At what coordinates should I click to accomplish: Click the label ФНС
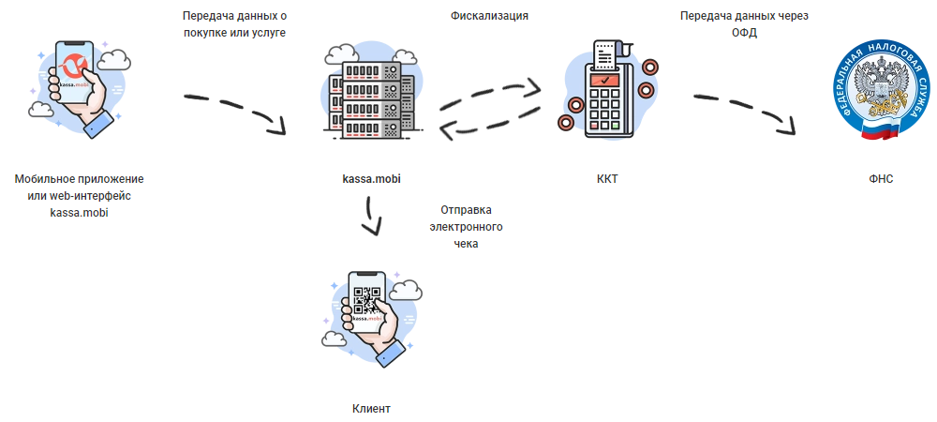[882, 178]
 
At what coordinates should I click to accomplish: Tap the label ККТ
[607, 178]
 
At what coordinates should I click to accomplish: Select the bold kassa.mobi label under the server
[372, 178]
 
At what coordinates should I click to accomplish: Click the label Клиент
[370, 409]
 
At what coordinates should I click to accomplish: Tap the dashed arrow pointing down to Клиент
[373, 219]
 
